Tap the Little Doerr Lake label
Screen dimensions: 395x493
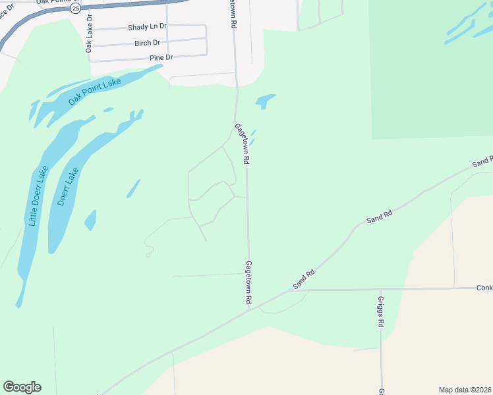(38, 196)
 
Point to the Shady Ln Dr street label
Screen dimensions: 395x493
(148, 28)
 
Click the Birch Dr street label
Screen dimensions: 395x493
(147, 43)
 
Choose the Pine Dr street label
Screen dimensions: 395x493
(160, 58)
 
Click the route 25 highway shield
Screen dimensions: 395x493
(76, 9)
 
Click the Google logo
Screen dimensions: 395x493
(22, 387)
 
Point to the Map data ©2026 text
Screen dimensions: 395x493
(465, 389)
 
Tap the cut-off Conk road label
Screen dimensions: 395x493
(484, 288)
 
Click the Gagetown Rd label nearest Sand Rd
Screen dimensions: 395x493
(249, 282)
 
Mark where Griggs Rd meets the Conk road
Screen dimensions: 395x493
(380, 289)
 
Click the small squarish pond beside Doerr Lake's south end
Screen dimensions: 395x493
(90, 221)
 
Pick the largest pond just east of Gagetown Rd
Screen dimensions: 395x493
(265, 101)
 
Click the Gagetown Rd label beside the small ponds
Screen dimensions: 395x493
(242, 144)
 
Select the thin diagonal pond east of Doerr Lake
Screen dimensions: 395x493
(133, 188)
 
